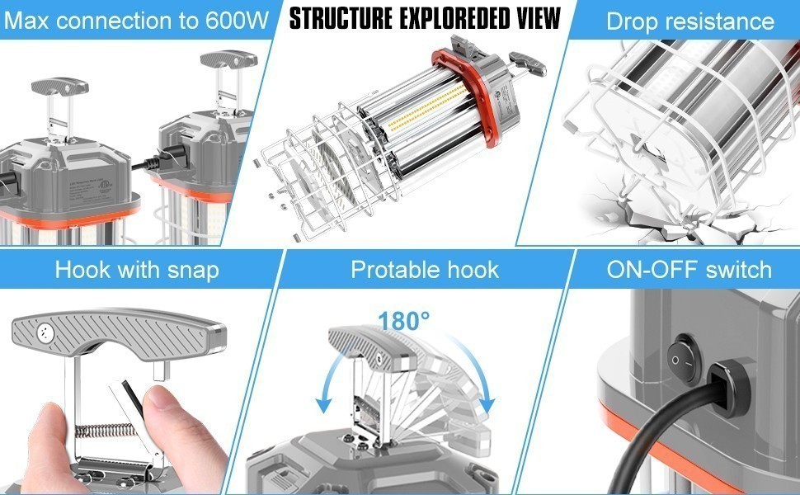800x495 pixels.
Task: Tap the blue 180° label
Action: coord(404,321)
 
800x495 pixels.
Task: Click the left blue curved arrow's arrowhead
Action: coord(324,404)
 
